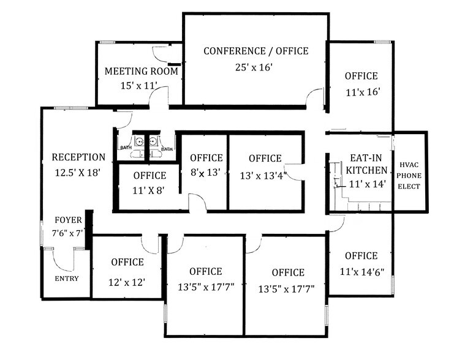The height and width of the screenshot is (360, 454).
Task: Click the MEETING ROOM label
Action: pyautogui.click(x=142, y=71)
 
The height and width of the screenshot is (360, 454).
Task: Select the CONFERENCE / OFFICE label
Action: pyautogui.click(x=256, y=51)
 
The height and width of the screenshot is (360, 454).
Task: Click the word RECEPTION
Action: pyautogui.click(x=78, y=157)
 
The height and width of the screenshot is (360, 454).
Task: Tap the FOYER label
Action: pyautogui.click(x=69, y=220)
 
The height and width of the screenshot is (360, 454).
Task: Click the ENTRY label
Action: pyautogui.click(x=66, y=278)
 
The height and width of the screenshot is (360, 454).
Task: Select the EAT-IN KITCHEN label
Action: pyautogui.click(x=367, y=163)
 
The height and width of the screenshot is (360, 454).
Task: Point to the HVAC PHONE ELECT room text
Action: pyautogui.click(x=410, y=175)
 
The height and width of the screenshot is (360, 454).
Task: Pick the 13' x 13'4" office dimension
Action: pyautogui.click(x=265, y=174)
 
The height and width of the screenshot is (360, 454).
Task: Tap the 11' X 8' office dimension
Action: pyautogui.click(x=149, y=190)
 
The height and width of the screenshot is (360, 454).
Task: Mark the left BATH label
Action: pyautogui.click(x=126, y=148)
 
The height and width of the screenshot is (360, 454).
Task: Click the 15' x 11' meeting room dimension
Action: pyautogui.click(x=140, y=85)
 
